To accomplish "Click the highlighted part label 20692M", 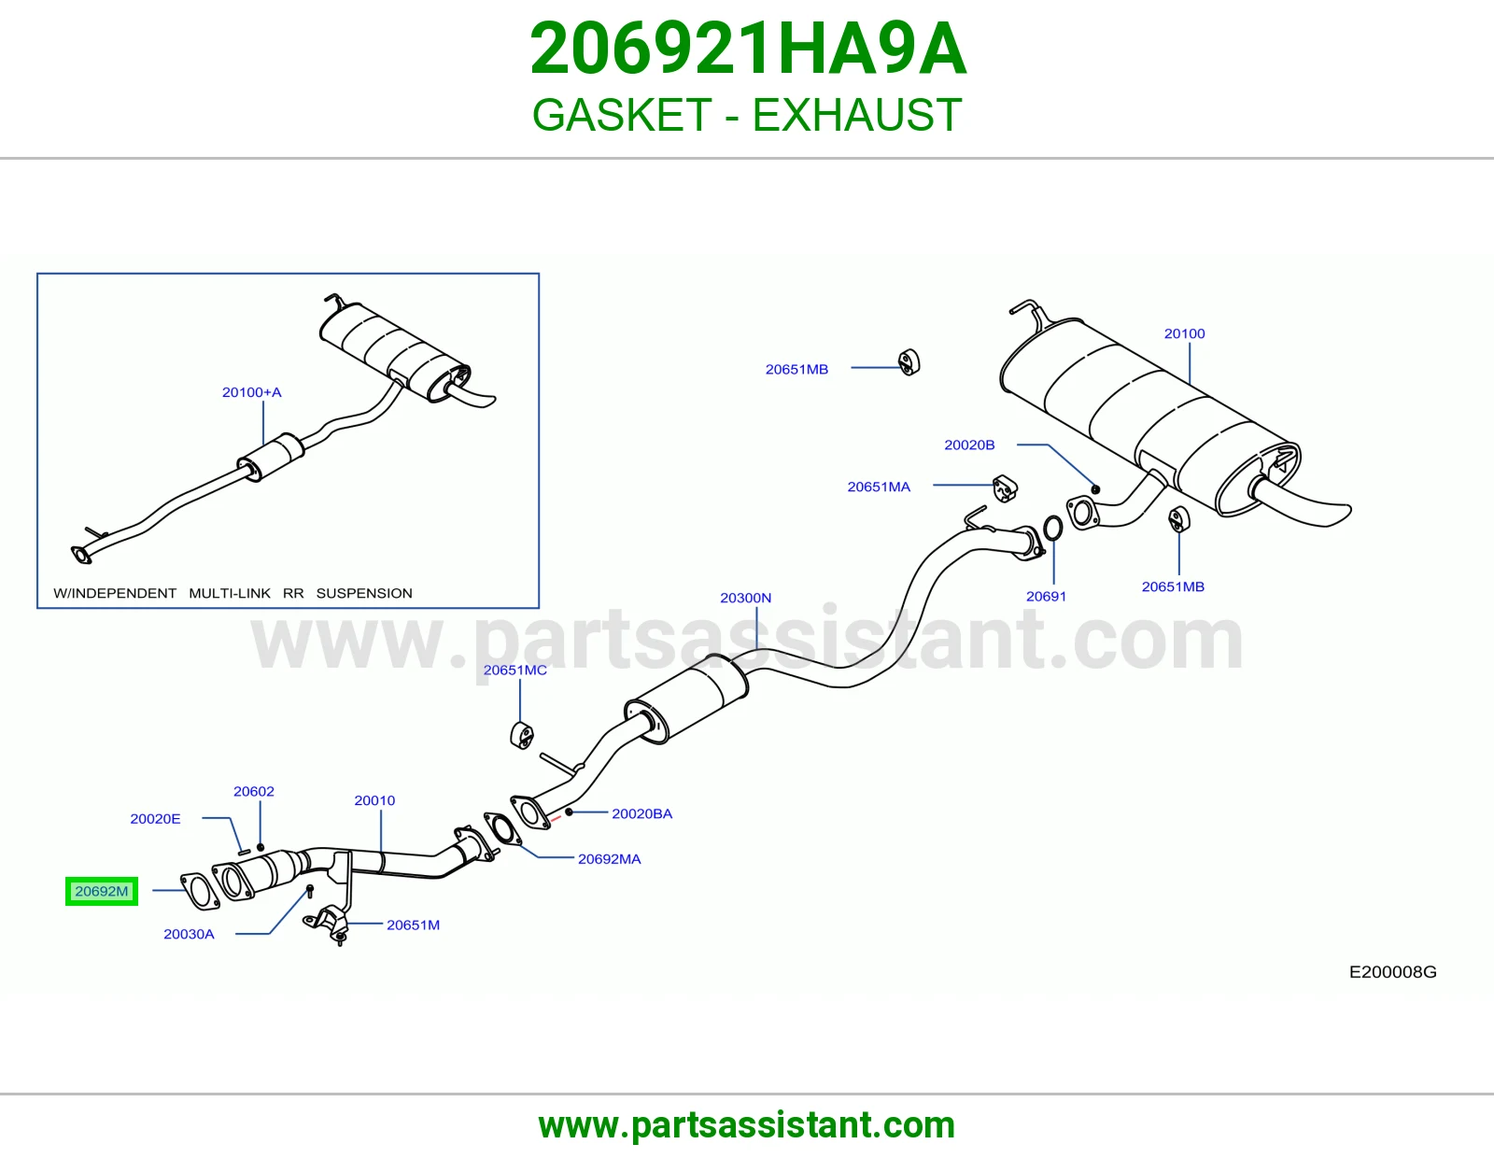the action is [x=102, y=891].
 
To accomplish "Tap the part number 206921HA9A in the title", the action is [x=747, y=49].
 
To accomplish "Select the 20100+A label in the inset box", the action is [x=251, y=392].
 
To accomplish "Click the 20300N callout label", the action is [x=745, y=598].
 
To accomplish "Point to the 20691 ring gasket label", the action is [x=1046, y=596].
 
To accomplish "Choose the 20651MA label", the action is [x=879, y=487].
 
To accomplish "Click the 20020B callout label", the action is [x=969, y=445].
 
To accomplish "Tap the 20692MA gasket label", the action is [x=609, y=859].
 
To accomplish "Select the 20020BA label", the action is [x=642, y=813].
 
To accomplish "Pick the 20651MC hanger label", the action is [x=514, y=670].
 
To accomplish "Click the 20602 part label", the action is [x=254, y=792].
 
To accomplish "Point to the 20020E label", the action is [x=155, y=818].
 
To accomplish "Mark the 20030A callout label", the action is [x=189, y=934].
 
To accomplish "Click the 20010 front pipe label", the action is [x=374, y=800].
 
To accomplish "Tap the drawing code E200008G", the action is [x=1393, y=971].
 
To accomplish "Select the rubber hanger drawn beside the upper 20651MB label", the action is [x=909, y=362].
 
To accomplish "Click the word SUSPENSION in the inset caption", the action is [x=364, y=593].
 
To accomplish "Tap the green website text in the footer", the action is [x=747, y=1125].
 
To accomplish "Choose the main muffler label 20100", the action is [x=1184, y=333].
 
